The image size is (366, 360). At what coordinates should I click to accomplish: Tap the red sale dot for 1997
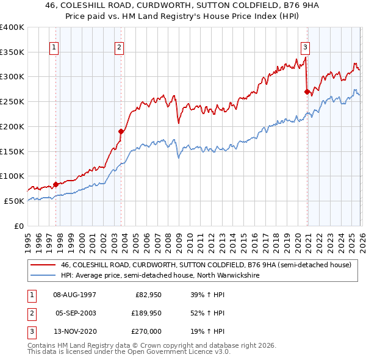coord(56,184)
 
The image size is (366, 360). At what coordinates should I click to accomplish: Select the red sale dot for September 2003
coord(121,131)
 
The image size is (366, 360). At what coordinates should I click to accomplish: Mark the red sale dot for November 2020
coord(307,92)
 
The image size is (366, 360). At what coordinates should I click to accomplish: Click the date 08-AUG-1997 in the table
coord(74,295)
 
